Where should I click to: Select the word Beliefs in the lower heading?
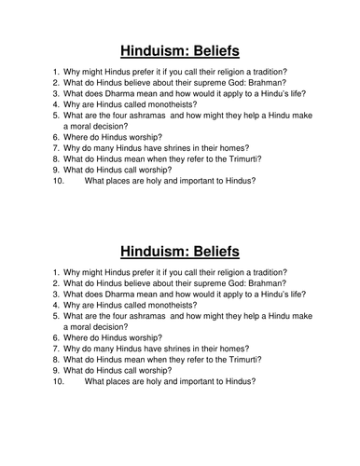[x=215, y=251]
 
